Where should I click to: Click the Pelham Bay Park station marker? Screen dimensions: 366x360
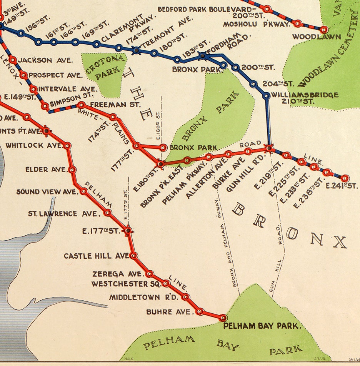[x=223, y=318]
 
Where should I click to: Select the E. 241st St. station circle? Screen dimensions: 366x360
[x=345, y=178]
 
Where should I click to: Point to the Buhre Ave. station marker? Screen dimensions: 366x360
[x=200, y=311]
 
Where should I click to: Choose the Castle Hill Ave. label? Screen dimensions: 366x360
[x=96, y=256]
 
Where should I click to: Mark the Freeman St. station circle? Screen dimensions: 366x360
[x=81, y=105]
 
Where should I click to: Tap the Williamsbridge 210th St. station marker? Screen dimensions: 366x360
[x=266, y=95]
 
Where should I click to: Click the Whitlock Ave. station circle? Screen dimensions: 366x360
[x=67, y=146]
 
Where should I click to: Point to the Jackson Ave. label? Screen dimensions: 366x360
[x=45, y=60]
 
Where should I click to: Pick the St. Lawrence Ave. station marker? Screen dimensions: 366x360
[x=108, y=213]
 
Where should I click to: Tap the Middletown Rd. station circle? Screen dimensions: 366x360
[x=186, y=297]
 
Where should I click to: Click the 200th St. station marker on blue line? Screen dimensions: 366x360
[x=236, y=68]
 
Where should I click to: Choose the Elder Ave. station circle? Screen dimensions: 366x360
[x=73, y=169]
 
